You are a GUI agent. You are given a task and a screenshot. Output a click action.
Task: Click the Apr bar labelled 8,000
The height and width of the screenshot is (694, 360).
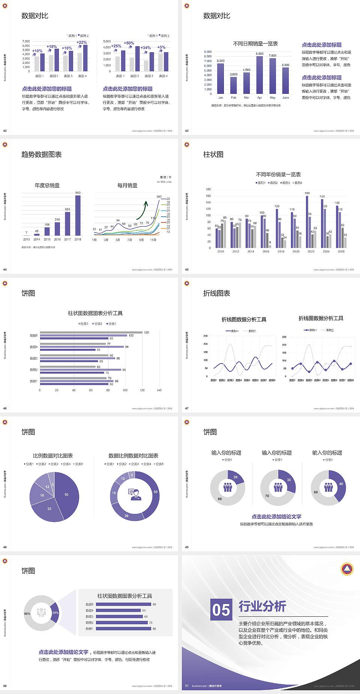[259, 75]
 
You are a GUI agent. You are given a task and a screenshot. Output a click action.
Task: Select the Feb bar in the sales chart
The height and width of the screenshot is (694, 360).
[234, 85]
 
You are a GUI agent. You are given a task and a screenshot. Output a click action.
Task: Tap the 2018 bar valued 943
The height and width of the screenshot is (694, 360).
[78, 215]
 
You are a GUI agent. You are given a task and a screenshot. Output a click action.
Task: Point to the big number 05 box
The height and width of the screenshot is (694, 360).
[221, 609]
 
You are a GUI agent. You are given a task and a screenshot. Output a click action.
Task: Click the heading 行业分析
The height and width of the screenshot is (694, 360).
[262, 606]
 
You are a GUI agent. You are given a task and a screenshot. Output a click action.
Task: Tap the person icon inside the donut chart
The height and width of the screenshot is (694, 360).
[135, 494]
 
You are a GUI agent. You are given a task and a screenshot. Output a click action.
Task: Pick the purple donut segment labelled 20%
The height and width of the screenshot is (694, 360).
[55, 613]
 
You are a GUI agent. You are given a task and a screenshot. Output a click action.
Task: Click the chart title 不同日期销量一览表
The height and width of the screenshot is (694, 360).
[255, 44]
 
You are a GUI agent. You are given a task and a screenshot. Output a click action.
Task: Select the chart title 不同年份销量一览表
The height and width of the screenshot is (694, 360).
[278, 174]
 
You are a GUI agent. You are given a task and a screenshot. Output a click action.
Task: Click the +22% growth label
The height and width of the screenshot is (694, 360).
[82, 42]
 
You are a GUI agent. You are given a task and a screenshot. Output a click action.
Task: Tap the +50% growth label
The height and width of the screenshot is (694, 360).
[129, 43]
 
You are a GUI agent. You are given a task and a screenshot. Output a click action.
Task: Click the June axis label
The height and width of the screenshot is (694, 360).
[286, 98]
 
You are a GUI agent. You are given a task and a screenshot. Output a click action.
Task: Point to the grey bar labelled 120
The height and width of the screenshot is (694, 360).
[91, 332]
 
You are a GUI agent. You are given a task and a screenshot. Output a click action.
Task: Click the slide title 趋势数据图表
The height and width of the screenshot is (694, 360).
[42, 155]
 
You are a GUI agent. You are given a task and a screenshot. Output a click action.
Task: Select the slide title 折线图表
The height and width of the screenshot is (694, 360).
[217, 293]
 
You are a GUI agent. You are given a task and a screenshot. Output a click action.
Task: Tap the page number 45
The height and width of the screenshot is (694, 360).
[187, 270]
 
